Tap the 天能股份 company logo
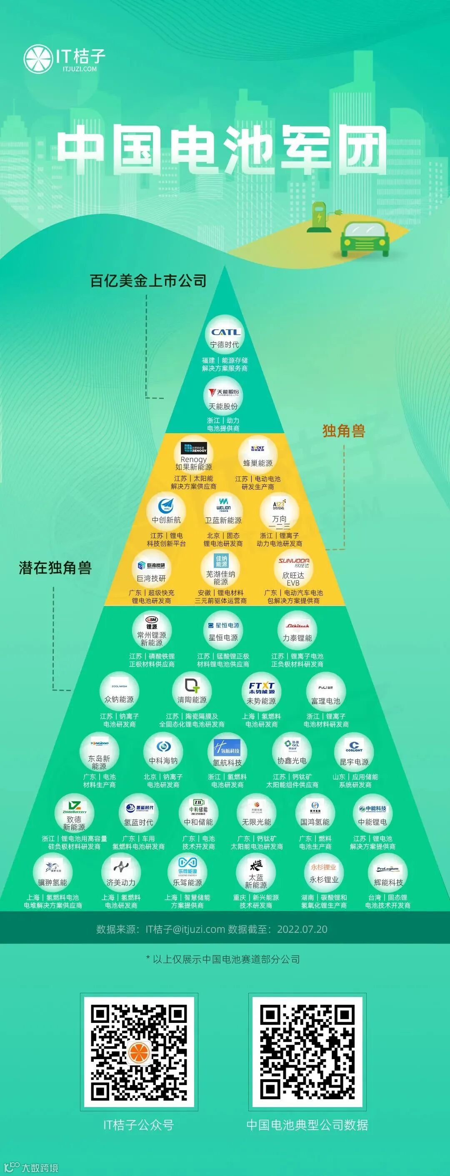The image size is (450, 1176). point(223,397)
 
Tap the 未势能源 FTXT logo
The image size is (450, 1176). point(261,692)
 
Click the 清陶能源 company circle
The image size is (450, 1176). point(192,691)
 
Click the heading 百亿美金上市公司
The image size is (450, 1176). point(148,280)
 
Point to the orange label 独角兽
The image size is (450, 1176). point(344,431)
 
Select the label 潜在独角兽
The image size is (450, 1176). point(55,568)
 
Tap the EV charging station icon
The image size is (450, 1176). point(318,217)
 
